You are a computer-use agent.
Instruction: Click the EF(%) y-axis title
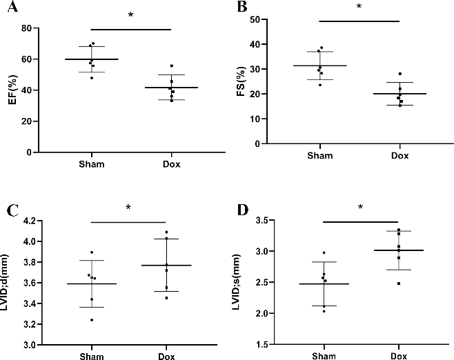[x=11, y=90]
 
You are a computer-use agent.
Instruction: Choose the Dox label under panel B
[x=399, y=156]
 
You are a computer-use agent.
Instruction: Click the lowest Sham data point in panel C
[x=92, y=320]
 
